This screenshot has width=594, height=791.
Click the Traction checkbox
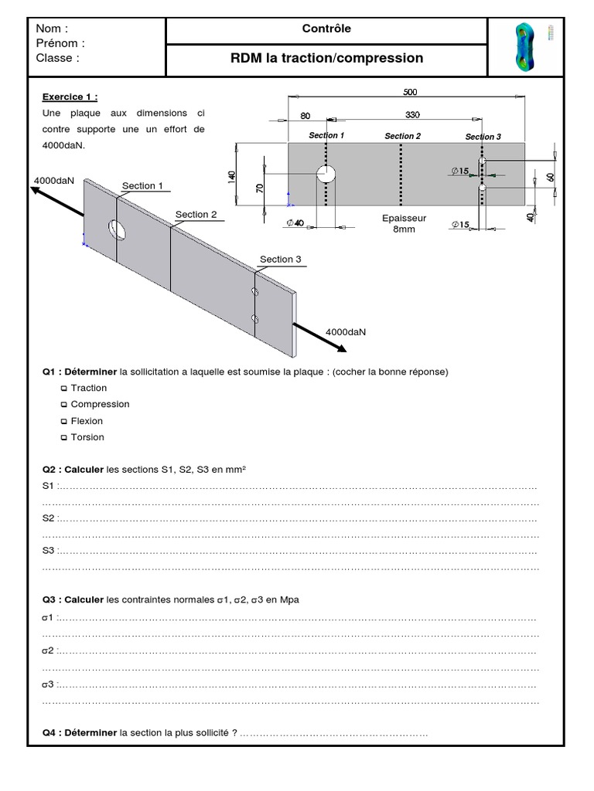coord(64,389)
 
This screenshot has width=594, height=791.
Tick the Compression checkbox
coord(64,405)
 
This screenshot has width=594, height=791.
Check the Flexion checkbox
coord(64,422)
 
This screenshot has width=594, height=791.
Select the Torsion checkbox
coord(64,438)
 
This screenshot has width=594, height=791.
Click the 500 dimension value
coord(410,92)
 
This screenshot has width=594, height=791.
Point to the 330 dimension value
coord(412,116)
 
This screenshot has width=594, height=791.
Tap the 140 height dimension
coord(231,175)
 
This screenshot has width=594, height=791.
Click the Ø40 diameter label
coord(295,223)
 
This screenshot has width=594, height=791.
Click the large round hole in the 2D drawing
coord(326,172)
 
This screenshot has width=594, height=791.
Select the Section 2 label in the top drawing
coord(403,136)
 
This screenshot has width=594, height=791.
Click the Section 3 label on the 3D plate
coord(280,260)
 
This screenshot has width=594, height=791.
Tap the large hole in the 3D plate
coord(118,228)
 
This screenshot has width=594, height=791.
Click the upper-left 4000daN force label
coord(54,180)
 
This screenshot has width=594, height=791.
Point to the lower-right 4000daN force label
coord(346,331)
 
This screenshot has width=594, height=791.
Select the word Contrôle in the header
coord(326,29)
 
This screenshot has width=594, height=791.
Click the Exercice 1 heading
coord(70,97)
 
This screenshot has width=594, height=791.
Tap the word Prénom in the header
coord(60,43)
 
